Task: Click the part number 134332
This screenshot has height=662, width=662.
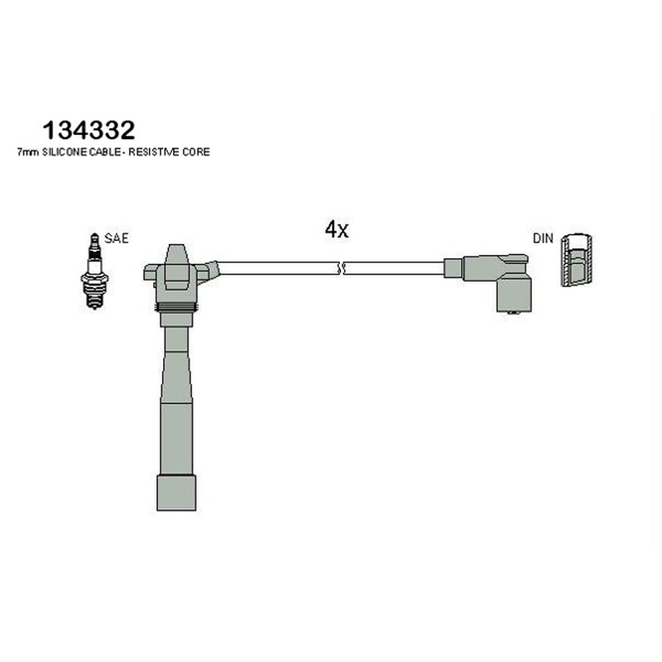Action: (89, 130)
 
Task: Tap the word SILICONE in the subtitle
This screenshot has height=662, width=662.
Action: (65, 152)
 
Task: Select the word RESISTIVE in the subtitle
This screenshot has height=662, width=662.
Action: (154, 152)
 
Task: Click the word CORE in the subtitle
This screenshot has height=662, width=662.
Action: (196, 152)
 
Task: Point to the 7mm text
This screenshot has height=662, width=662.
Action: (28, 152)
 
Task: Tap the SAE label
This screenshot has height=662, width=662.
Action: (116, 238)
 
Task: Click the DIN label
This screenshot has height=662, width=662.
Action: (543, 238)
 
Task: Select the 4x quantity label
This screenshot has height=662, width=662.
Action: (337, 230)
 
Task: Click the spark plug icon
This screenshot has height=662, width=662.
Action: (94, 271)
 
